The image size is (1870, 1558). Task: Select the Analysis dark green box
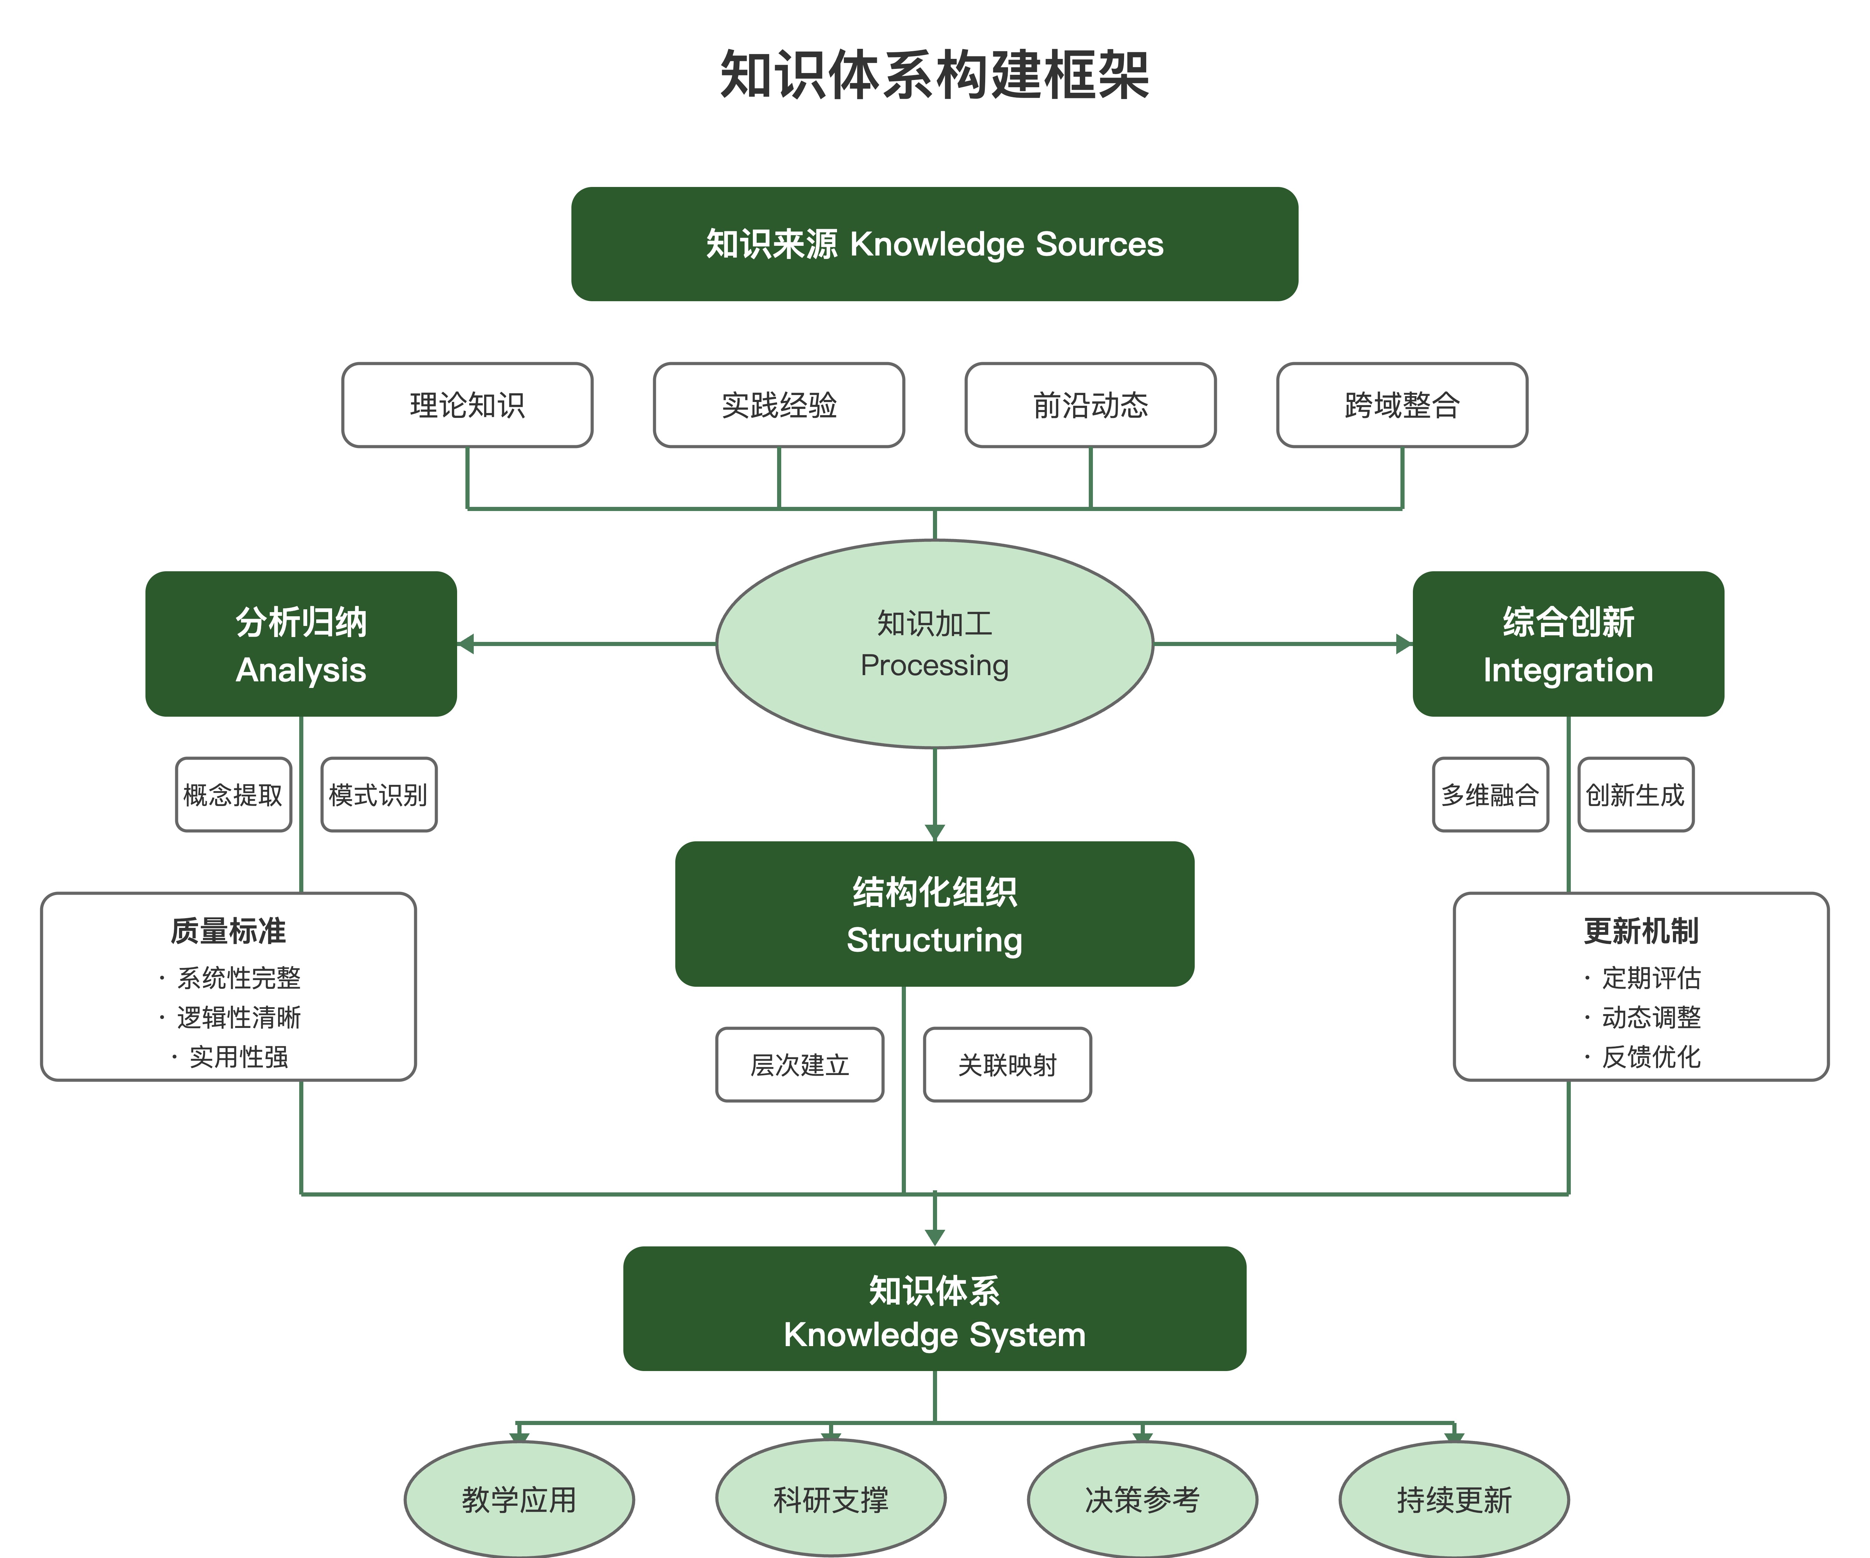[x=301, y=644]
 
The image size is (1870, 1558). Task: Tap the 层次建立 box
[x=800, y=1065]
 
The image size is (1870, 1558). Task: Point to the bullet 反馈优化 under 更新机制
[x=1650, y=1057]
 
